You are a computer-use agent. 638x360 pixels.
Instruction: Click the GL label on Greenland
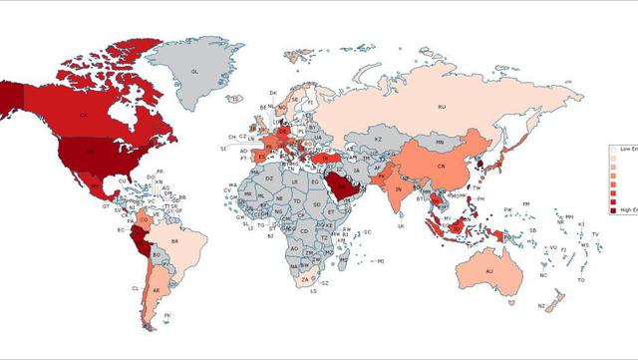point(195,73)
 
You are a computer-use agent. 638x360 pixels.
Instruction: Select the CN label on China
point(442,166)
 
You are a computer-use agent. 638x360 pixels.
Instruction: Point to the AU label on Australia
point(489,271)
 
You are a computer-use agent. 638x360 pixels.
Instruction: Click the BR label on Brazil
point(175,241)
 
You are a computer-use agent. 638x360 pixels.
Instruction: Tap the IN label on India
point(399,188)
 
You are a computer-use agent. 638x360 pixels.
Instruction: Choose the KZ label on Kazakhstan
point(379,140)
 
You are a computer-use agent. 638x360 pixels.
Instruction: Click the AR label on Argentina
point(156,291)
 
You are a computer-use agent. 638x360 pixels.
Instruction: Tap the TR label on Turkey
point(324,158)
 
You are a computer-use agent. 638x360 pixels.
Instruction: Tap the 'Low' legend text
point(625,148)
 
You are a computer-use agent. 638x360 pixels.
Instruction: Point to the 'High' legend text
point(625,211)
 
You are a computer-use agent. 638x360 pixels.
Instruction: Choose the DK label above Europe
point(273,93)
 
